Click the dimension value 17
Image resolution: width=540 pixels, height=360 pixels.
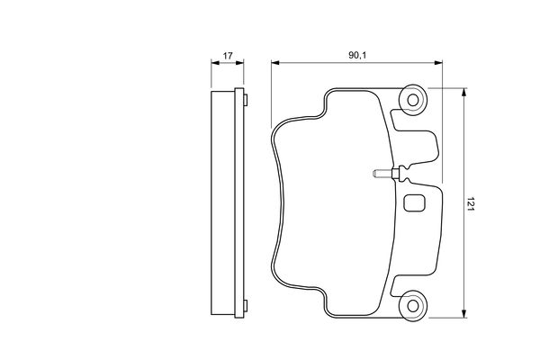point(228,56)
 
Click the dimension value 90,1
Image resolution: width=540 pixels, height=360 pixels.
point(358,55)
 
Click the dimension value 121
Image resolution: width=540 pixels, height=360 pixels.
point(471,204)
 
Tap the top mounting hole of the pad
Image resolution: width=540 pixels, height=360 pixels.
point(413,100)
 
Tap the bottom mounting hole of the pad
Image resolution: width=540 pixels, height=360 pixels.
point(413,306)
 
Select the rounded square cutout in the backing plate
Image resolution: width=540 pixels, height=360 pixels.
point(414,203)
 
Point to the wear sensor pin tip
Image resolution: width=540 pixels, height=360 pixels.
point(374,173)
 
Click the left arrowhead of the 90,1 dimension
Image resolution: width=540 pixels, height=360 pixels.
point(274,63)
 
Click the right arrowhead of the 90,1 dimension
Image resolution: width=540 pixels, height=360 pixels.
point(438,63)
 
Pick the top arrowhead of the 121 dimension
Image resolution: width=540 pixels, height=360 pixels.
point(464,93)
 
